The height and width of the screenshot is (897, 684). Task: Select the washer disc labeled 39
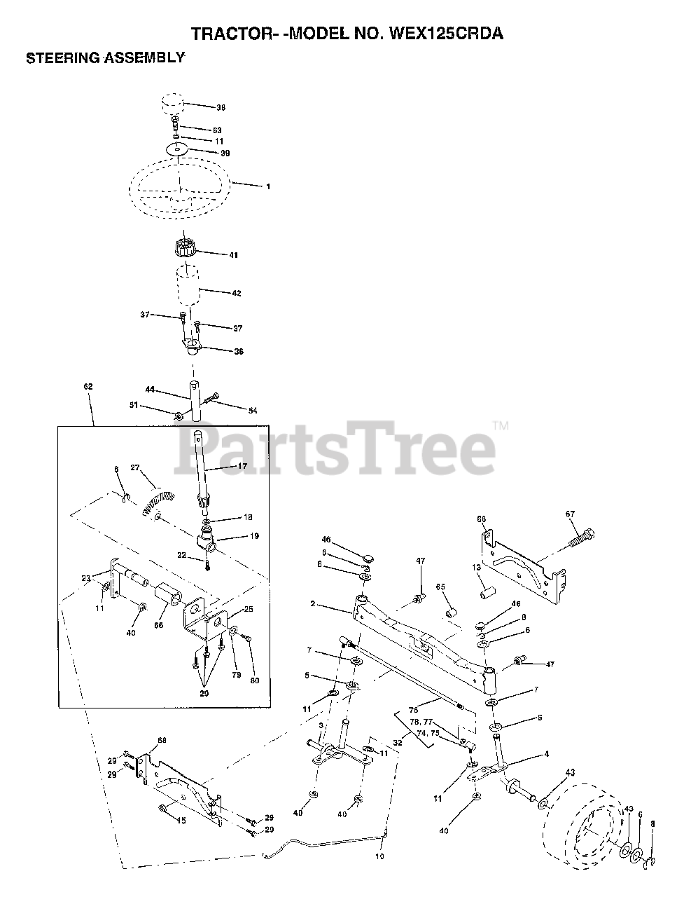pyautogui.click(x=178, y=149)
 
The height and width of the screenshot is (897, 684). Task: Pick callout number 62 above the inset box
pyautogui.click(x=88, y=386)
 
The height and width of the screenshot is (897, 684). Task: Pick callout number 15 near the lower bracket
pyautogui.click(x=181, y=821)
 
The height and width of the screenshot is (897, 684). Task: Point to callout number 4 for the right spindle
pyautogui.click(x=546, y=754)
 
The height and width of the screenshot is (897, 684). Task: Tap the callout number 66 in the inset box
pyautogui.click(x=158, y=625)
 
